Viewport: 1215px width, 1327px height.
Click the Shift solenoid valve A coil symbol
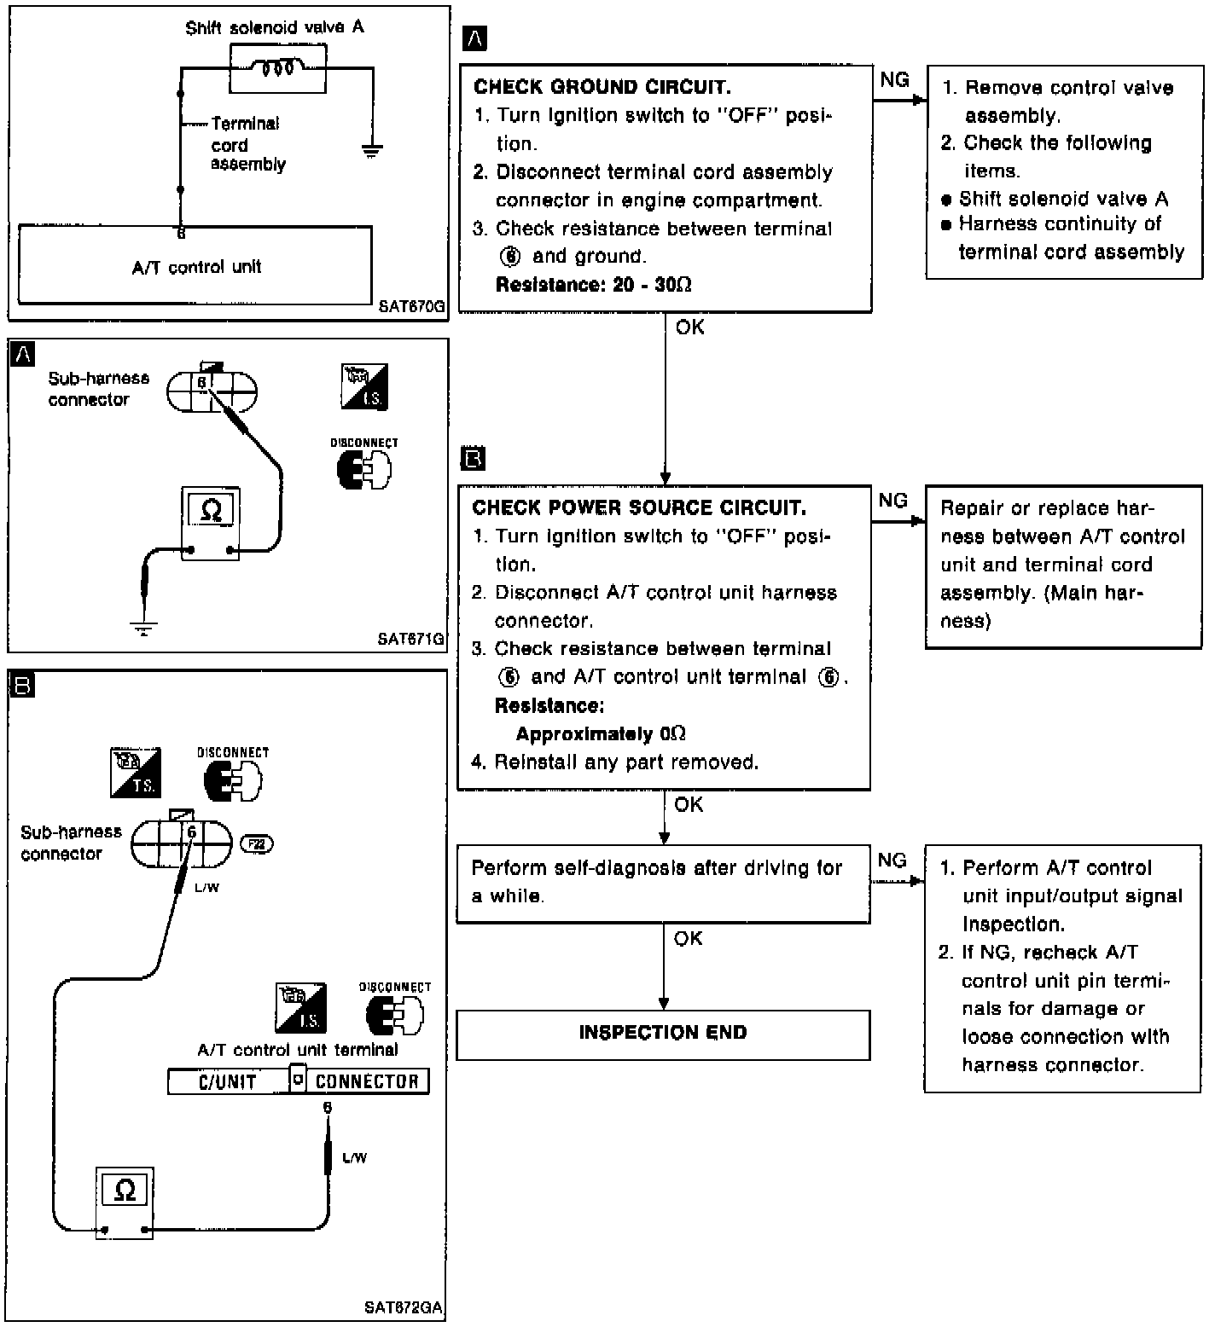pos(277,67)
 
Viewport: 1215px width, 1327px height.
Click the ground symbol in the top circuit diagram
pos(371,151)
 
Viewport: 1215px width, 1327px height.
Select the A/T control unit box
pos(195,265)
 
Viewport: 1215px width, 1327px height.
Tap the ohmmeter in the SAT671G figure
pos(211,523)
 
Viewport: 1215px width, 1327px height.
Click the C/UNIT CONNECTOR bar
pos(298,1081)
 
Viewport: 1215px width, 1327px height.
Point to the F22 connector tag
pos(257,843)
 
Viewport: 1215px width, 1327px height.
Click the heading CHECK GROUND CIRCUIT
pos(602,87)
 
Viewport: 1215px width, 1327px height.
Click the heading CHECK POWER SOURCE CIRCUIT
pos(639,508)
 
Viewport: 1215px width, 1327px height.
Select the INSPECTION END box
pos(663,1034)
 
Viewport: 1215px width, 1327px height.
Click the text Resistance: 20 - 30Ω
pos(594,285)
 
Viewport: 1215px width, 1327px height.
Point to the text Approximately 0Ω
pos(601,734)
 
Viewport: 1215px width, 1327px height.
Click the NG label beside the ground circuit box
pos(894,80)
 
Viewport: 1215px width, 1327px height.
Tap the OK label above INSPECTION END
pos(688,938)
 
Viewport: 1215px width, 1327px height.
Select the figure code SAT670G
pos(412,308)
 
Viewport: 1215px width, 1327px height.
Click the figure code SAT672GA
pos(404,1307)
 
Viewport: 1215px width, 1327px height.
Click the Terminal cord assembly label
pos(247,143)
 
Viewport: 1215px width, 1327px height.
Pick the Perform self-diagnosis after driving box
pos(663,883)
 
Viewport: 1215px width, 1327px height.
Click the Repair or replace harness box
pos(1063,564)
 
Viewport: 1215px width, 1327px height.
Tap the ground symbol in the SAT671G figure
pos(144,629)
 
